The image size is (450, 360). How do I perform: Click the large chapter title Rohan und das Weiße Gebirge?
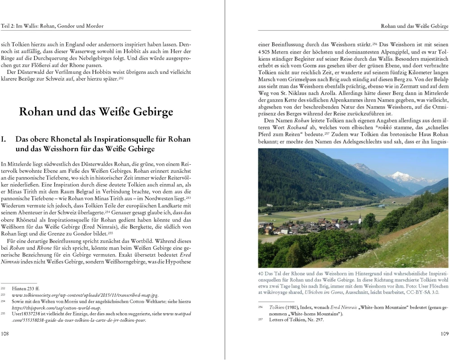[x=96, y=112]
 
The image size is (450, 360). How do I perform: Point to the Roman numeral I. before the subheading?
[x=4, y=139]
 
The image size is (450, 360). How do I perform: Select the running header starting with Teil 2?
[x=52, y=26]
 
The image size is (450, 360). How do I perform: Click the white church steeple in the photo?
[x=360, y=219]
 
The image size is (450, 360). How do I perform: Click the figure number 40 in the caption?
[x=261, y=274]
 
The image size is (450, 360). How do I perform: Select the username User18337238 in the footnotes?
[x=29, y=314]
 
